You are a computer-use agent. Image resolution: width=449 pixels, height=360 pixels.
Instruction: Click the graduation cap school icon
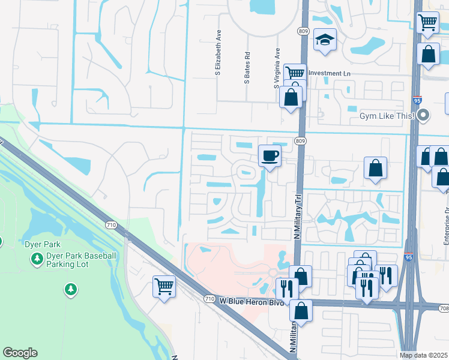tap(325, 40)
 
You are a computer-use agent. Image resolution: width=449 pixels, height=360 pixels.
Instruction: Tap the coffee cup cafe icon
tap(270, 156)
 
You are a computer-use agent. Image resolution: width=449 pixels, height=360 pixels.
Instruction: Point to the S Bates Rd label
tap(247, 67)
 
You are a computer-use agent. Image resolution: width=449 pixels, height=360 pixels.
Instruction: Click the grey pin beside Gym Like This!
tap(424, 115)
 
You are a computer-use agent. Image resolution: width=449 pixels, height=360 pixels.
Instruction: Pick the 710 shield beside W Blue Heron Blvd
tap(209, 299)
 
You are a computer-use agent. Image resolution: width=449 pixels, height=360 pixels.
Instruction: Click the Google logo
tap(20, 353)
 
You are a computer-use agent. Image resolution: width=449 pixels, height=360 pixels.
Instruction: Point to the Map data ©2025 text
tap(424, 355)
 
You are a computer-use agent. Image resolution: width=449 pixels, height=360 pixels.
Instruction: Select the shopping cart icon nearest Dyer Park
tap(164, 286)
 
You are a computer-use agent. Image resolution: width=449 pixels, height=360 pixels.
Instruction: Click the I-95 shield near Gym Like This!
tap(417, 101)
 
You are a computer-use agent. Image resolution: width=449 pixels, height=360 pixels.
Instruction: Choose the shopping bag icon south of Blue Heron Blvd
tap(301, 311)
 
